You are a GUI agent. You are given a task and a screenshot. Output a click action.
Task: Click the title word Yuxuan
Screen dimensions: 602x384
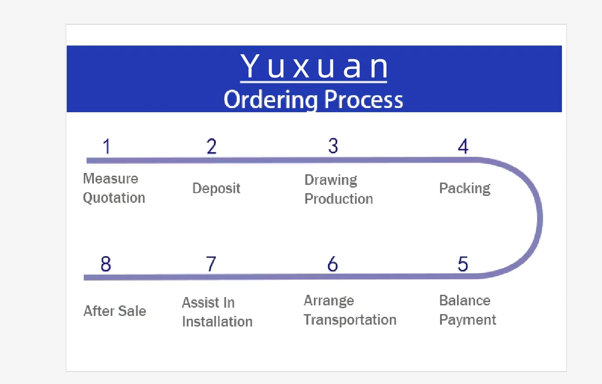(314, 67)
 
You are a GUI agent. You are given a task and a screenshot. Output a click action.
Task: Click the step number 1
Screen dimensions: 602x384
(107, 147)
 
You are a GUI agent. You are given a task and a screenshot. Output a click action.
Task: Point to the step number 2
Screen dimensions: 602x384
(211, 146)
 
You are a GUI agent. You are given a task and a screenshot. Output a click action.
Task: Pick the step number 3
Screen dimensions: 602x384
(333, 146)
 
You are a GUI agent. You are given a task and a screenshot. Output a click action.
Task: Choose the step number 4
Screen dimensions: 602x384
(463, 146)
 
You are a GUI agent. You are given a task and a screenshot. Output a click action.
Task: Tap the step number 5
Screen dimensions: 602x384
(463, 264)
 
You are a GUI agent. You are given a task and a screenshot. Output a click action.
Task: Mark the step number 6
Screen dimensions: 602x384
(332, 264)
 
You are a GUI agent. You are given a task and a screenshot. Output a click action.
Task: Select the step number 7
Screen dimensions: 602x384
(211, 264)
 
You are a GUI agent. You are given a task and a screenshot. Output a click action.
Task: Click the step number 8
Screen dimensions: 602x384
(106, 264)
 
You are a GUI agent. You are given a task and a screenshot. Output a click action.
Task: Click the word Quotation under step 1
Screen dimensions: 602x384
(114, 198)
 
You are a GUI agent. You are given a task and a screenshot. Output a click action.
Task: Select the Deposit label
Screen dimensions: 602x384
(216, 189)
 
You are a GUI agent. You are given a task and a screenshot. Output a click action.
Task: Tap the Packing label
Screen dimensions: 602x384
(465, 189)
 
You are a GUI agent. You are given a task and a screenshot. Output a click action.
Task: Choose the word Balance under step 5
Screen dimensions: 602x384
(465, 301)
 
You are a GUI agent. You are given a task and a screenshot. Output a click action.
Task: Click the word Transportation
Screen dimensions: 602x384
(350, 320)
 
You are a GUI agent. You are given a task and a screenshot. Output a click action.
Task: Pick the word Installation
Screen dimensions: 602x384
(217, 321)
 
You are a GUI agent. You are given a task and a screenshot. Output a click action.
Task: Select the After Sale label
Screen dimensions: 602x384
(115, 311)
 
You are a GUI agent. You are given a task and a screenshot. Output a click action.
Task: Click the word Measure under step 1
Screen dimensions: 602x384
(110, 178)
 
